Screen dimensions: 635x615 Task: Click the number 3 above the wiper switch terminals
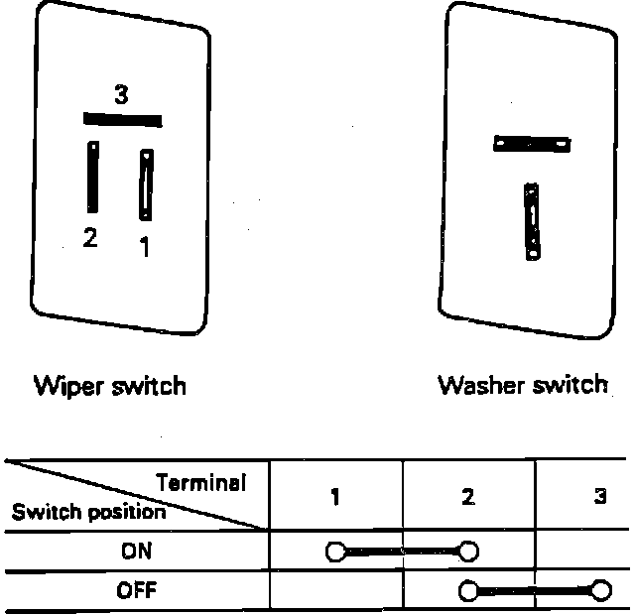(121, 95)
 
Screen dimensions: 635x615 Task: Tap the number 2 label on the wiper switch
(90, 238)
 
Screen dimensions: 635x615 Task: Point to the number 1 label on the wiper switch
(145, 247)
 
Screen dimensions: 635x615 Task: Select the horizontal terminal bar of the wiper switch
(122, 119)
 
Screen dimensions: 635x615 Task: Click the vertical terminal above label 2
(92, 177)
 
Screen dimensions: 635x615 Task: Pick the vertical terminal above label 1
(147, 184)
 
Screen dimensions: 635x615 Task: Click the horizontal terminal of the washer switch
(533, 145)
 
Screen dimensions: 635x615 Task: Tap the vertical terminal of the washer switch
(533, 219)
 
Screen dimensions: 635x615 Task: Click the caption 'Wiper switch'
(110, 385)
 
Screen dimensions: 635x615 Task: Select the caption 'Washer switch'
(523, 385)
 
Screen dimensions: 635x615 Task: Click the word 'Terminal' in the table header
(200, 483)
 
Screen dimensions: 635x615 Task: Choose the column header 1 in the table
(335, 497)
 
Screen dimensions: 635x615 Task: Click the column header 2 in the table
(467, 497)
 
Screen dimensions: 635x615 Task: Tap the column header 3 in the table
(599, 497)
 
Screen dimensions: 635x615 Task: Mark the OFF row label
(136, 592)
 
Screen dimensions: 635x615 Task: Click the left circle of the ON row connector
(335, 552)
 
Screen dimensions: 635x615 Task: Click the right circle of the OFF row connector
(599, 591)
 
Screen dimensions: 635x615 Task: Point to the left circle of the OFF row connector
(467, 591)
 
